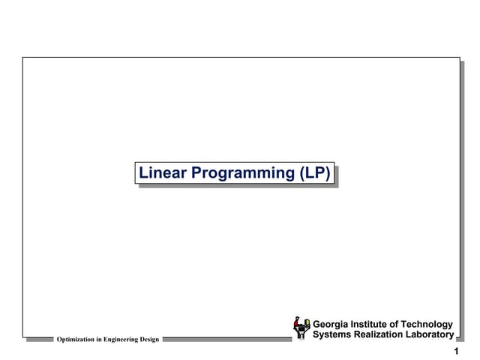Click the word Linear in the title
click(163, 173)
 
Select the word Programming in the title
click(243, 173)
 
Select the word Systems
click(334, 334)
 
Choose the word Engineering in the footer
click(119, 340)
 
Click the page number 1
click(456, 352)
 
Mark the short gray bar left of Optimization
click(39, 339)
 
